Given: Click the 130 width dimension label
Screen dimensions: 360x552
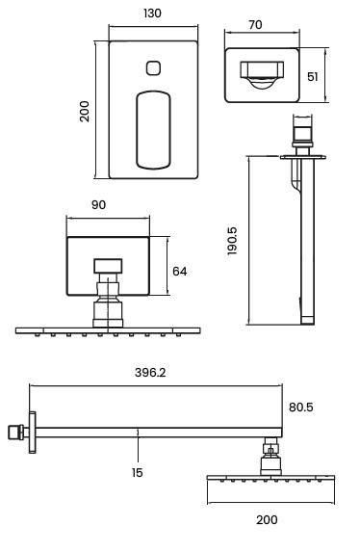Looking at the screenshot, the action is click(152, 13).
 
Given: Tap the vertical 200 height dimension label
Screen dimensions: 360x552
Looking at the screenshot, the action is click(85, 111).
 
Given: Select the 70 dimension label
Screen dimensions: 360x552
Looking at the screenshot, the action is click(255, 25).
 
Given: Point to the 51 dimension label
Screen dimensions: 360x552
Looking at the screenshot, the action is click(313, 77).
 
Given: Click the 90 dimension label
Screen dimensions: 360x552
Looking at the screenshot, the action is click(98, 205).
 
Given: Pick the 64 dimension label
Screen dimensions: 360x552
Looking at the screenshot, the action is click(179, 272).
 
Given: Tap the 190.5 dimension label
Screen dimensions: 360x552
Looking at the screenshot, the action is click(232, 241).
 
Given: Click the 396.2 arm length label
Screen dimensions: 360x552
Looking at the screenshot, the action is click(150, 373).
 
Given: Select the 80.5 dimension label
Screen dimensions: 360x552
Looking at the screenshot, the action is click(301, 407).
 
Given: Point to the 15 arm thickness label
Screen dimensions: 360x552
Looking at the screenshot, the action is click(138, 472).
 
